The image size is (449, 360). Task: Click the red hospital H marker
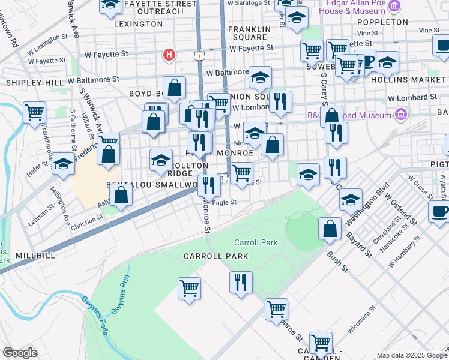[169, 55]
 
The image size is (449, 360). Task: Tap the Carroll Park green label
[256, 242]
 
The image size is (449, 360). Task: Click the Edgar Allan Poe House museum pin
[394, 6]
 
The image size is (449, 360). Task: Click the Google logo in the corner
[20, 353]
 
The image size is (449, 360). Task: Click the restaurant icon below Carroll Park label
[241, 282]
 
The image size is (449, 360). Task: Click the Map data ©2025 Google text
[411, 355]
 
